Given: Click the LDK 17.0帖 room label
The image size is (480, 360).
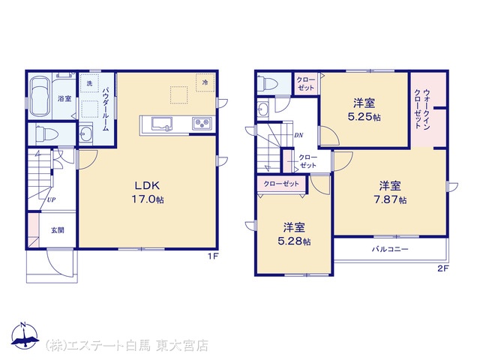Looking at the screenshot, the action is click(148, 192).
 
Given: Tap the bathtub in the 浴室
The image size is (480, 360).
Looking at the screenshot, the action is click(40, 96).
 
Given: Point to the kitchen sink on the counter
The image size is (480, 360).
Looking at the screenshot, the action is click(162, 124).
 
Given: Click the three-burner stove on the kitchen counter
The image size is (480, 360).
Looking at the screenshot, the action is click(202, 124).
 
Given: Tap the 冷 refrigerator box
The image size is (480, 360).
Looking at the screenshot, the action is click(205, 82).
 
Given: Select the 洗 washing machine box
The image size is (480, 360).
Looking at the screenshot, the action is click(89, 83).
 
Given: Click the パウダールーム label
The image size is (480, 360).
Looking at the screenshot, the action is click(106, 109).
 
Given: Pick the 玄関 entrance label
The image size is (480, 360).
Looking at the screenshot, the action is click(58, 230).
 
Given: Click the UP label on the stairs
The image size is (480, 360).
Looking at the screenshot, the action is click(51, 200).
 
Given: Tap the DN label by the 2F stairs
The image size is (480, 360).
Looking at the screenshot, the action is click(298, 135).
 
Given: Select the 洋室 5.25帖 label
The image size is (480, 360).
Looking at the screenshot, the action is click(364, 109).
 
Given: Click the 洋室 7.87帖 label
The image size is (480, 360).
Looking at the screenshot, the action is click(390, 192).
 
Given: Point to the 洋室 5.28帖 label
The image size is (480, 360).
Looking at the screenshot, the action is click(294, 234).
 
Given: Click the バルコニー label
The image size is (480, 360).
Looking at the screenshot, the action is click(390, 249).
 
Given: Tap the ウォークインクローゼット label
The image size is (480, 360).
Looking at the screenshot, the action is click(422, 109).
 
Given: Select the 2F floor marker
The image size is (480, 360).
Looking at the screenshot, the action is click(442, 268).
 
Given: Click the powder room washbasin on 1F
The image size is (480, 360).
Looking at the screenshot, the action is click(85, 133).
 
